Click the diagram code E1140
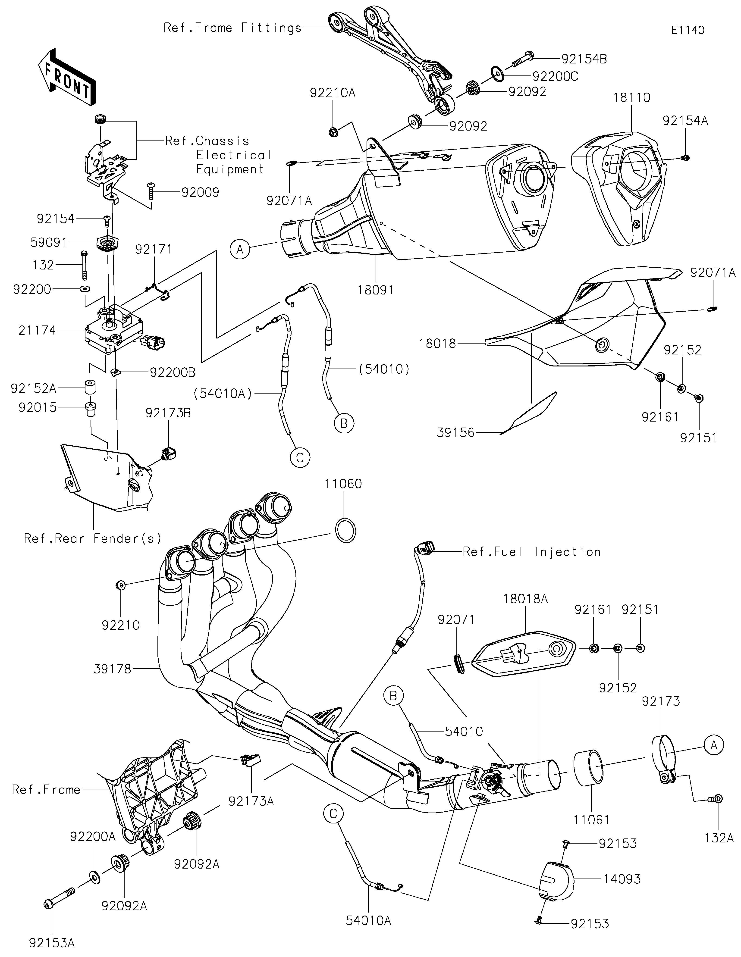688,30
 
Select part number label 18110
631,97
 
